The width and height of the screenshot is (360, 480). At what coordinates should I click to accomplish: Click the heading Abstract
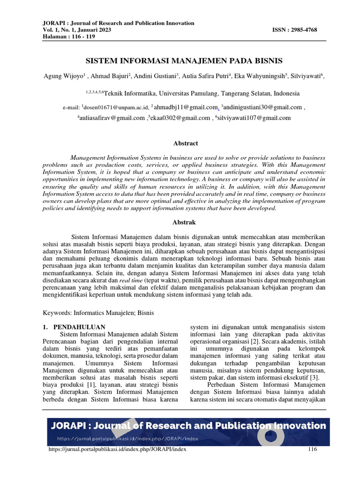pyautogui.click(x=185, y=143)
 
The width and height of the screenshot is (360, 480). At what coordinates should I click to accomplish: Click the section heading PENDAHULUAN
pyautogui.click(x=79, y=327)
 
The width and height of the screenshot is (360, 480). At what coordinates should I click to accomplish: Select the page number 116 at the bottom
pyautogui.click(x=313, y=450)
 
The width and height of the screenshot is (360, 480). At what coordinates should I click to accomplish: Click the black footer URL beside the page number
pyautogui.click(x=118, y=450)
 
